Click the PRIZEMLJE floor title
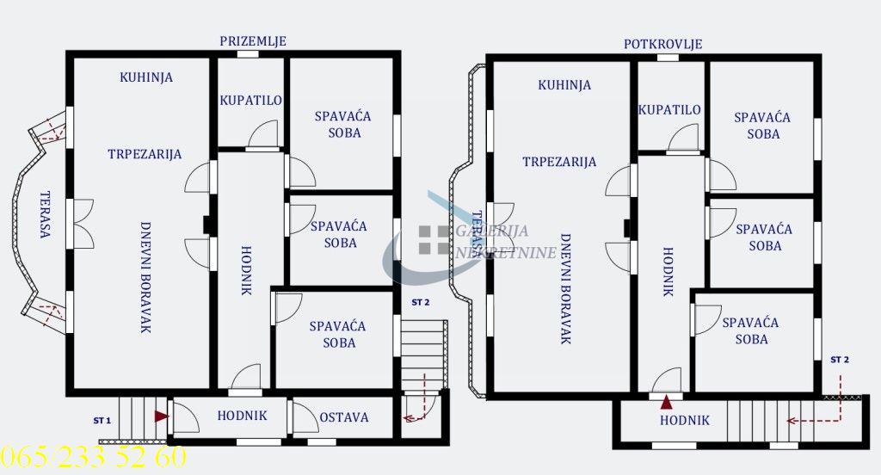253,41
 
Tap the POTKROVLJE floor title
663,44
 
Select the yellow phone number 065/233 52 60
93,456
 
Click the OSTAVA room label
344,417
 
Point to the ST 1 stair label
102,421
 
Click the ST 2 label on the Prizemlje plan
420,302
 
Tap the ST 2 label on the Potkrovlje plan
840,360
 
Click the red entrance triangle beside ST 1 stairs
161,416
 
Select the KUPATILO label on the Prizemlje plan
250,101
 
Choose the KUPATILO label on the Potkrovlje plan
669,109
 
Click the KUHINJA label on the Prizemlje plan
146,77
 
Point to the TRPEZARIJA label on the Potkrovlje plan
559,162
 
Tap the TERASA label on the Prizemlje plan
45,215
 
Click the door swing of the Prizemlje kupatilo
263,135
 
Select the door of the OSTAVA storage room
304,417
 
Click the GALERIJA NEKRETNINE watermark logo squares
434,240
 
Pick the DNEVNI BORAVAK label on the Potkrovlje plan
566,289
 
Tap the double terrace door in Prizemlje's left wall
80,224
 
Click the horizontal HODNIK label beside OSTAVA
242,416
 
